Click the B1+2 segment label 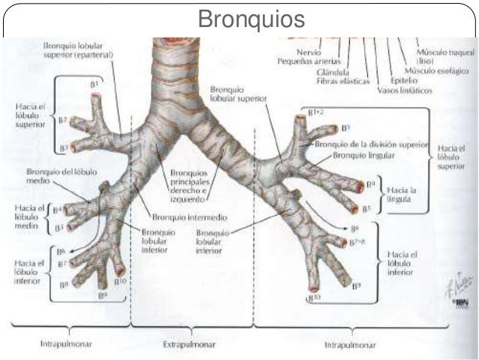pyautogui.click(x=316, y=112)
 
